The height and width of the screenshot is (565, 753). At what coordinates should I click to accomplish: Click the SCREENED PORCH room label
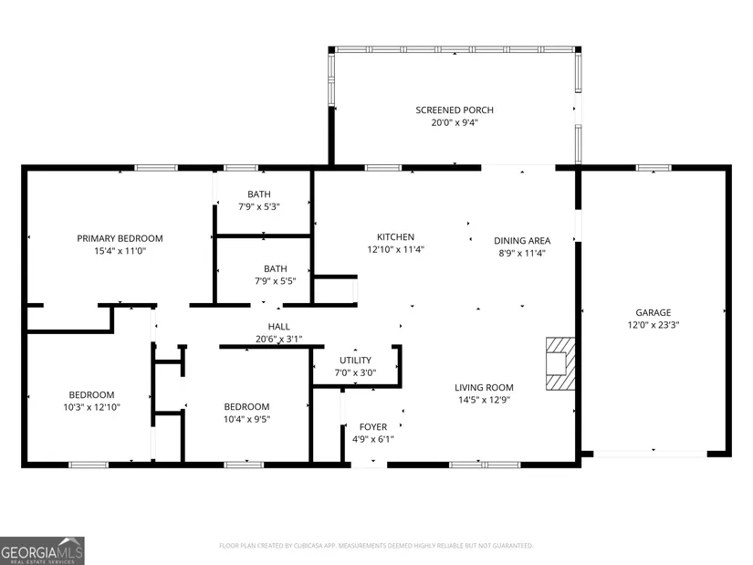tap(455, 110)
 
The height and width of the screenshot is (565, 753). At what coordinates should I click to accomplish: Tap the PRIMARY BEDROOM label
tap(120, 238)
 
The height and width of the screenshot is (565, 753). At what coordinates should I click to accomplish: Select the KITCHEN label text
tap(395, 236)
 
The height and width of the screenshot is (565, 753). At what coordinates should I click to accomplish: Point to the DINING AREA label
tap(522, 241)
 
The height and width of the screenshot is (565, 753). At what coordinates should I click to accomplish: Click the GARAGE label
tap(654, 312)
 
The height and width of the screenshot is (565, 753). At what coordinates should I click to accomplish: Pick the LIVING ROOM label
tap(484, 387)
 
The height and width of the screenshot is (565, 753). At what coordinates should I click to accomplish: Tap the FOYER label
tap(373, 426)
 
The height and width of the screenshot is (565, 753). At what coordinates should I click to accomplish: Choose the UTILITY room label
tap(355, 360)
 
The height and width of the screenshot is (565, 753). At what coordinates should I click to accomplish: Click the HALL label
tap(278, 327)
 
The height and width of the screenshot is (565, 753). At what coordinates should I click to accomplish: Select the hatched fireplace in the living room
tap(560, 363)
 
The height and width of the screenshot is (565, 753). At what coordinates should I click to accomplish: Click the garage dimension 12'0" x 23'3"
tap(654, 325)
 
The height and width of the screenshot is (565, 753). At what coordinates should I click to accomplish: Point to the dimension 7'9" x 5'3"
tap(259, 206)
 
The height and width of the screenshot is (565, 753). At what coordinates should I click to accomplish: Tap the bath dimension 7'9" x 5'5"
tap(275, 281)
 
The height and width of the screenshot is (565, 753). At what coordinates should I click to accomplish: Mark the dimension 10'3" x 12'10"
tap(91, 407)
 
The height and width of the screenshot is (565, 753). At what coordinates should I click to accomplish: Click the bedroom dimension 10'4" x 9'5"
tap(246, 419)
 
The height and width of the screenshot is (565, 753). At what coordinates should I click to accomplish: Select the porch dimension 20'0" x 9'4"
tap(455, 122)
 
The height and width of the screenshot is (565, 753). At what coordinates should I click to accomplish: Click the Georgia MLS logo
tap(42, 550)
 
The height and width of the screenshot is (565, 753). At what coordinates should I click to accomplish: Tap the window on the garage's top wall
tap(654, 168)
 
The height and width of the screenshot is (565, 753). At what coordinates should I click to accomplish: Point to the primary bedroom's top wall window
tap(155, 168)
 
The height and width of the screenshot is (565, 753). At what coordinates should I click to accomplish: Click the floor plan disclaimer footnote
tap(376, 546)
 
